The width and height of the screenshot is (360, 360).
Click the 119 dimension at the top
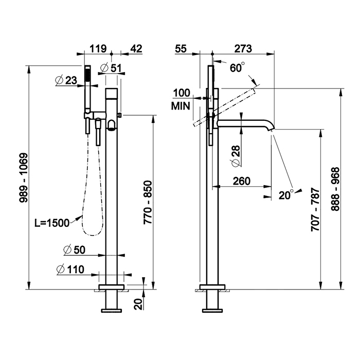pos(98,49)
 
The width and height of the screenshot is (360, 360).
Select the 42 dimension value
pos(136,49)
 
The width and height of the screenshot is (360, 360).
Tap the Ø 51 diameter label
pos(111,68)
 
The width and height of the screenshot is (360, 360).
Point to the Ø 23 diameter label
pos(66,81)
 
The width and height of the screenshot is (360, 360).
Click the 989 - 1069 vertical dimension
pos(24,178)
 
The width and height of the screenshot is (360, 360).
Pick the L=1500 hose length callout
pos(52,223)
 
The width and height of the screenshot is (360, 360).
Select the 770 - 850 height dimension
pos(148,202)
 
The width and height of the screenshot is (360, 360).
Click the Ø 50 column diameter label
pos(74,250)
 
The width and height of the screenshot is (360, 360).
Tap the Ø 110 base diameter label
pos(70,269)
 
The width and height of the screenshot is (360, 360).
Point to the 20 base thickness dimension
pos(139,304)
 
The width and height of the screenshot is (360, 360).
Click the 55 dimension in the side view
pos(181,49)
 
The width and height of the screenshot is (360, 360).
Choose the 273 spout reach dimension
pos(243,49)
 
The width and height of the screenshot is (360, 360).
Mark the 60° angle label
pos(237,67)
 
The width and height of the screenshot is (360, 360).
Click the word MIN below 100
pos(181,106)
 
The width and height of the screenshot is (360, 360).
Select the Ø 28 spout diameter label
pos(235,156)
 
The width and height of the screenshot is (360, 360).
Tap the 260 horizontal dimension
pos(242,181)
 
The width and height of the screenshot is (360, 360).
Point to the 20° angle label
pos(286,194)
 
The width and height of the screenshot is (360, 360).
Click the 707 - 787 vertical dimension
pos(315,209)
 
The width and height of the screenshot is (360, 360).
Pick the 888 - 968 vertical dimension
pos(335,189)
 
